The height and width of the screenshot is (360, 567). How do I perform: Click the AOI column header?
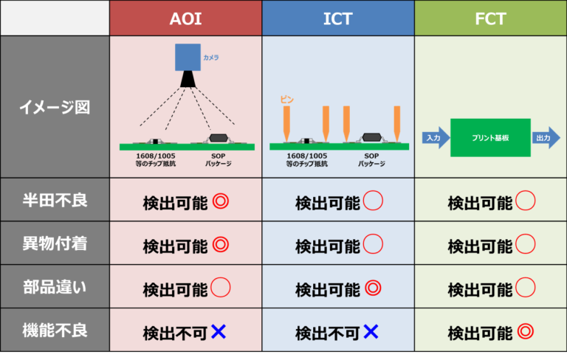(x=185, y=18)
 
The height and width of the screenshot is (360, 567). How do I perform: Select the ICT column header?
(x=337, y=18)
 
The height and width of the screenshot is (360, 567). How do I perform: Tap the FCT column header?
(x=489, y=18)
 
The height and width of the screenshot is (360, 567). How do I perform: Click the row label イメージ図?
(x=55, y=107)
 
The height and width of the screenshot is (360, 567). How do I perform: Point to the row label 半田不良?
(x=55, y=200)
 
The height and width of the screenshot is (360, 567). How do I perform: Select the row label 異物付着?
(x=55, y=243)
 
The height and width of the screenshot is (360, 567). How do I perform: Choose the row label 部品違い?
(x=55, y=287)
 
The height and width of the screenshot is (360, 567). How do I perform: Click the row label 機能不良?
(x=55, y=330)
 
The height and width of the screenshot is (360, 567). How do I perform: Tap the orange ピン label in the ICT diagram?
(x=286, y=100)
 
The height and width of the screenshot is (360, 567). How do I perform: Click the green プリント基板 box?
(x=490, y=138)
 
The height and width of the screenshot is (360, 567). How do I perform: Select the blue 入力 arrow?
(x=434, y=138)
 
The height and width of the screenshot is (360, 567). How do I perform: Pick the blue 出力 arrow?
(x=545, y=138)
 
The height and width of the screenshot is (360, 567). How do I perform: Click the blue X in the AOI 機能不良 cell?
(x=218, y=332)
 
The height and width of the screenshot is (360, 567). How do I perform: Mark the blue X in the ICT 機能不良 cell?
(x=371, y=332)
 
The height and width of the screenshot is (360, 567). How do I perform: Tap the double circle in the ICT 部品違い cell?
(x=373, y=288)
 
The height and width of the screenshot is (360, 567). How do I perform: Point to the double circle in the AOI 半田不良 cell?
(x=219, y=201)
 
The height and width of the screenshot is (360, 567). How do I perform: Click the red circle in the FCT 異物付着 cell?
(x=525, y=244)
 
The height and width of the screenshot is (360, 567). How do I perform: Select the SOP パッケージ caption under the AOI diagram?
(x=218, y=160)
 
